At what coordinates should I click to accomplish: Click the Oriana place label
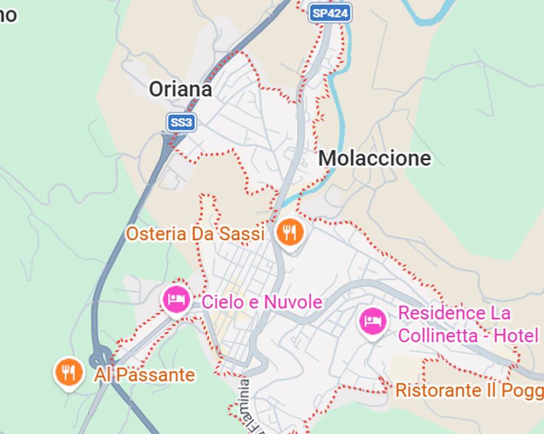(x=180, y=89)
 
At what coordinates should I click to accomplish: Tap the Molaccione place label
(x=375, y=158)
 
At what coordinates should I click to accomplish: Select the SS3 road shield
(x=181, y=122)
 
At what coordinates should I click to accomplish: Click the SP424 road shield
(x=330, y=14)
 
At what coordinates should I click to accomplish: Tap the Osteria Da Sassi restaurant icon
(x=290, y=232)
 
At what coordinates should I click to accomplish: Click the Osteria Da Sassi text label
(x=195, y=233)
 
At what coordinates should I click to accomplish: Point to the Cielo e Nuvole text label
(x=262, y=302)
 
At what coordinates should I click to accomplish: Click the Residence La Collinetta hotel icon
(x=373, y=321)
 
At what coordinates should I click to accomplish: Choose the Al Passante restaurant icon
(x=69, y=372)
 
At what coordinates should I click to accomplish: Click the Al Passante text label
(x=144, y=375)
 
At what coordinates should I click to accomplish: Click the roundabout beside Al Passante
(x=101, y=357)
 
